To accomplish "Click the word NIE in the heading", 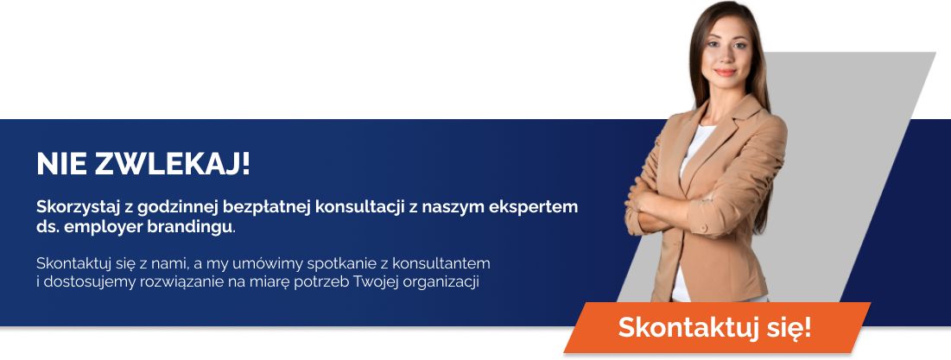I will (x=61, y=163).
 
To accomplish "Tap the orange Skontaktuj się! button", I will (x=714, y=328).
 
